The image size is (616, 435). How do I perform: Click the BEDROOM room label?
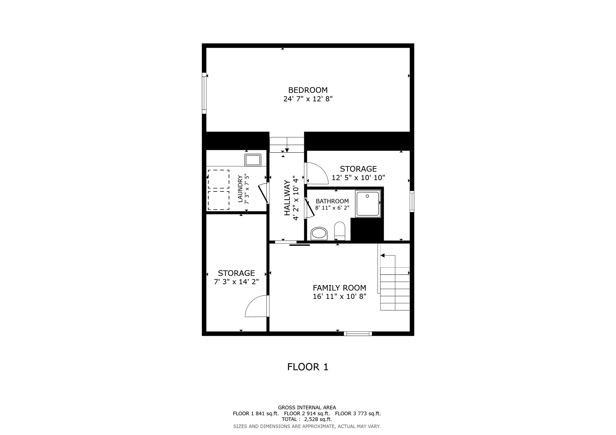point(308,90)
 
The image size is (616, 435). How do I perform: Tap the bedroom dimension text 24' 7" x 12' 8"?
point(308,99)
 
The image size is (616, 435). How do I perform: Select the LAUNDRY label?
point(240,189)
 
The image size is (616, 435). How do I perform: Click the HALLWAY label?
point(287,198)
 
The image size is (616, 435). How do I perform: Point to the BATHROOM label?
point(332,201)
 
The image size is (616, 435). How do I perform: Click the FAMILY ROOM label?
point(339,288)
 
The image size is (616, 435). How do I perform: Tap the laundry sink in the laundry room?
point(253,160)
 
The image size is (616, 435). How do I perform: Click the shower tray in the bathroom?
point(368,204)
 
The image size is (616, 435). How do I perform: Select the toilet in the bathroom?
point(340,231)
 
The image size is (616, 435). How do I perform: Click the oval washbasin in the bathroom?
point(319,233)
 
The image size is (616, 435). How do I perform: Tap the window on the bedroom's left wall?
point(204,93)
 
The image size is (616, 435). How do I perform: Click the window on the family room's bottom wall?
point(358,333)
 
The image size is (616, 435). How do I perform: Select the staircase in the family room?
point(395,288)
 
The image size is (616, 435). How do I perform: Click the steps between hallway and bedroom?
point(287,144)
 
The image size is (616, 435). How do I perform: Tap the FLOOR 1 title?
point(308,367)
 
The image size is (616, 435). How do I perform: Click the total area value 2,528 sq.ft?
point(318,419)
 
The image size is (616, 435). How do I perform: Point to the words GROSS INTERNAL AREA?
point(307,408)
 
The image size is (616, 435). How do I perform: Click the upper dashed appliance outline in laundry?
point(218,179)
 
